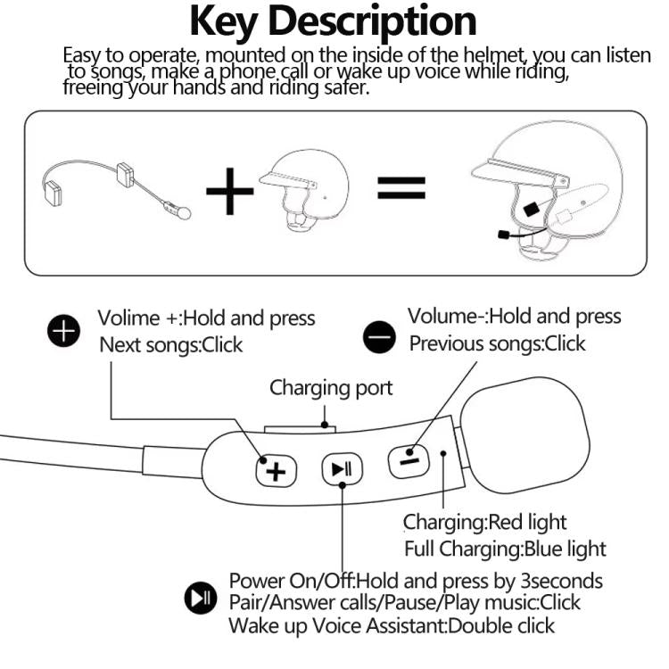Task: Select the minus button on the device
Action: click(x=407, y=457)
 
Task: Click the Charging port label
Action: click(x=331, y=388)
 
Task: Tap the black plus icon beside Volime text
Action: click(x=62, y=333)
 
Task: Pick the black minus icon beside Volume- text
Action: click(x=379, y=337)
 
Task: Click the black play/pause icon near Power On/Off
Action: click(x=199, y=599)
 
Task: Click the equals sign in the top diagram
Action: click(x=401, y=187)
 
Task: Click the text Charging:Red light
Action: click(x=484, y=522)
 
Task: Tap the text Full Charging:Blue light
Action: click(x=504, y=549)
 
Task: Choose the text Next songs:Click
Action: click(x=171, y=345)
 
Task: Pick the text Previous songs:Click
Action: click(x=497, y=343)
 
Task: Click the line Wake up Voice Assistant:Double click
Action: click(x=391, y=625)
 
